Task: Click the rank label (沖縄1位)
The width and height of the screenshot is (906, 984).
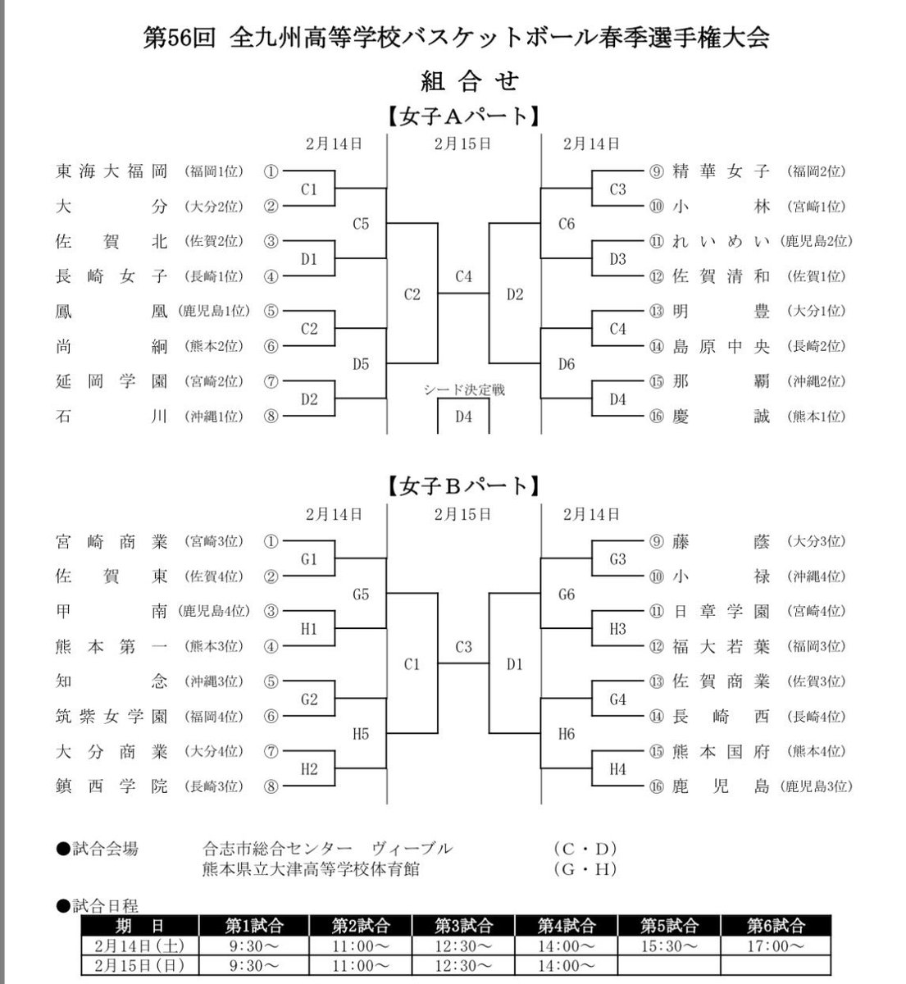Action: click(x=214, y=417)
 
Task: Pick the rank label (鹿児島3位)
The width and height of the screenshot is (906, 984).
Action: click(x=817, y=787)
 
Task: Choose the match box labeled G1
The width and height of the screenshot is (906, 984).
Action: click(x=308, y=559)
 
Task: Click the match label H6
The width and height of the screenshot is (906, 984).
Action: click(x=566, y=734)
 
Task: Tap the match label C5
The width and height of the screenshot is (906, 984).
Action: click(x=361, y=223)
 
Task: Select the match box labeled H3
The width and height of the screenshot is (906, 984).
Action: click(x=617, y=629)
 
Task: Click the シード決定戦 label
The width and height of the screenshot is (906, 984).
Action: click(x=464, y=389)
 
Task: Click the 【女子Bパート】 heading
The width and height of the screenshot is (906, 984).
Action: click(x=463, y=486)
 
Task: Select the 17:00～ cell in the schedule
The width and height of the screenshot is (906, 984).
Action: click(x=776, y=945)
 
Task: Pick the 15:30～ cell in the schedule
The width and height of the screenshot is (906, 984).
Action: click(x=671, y=945)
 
